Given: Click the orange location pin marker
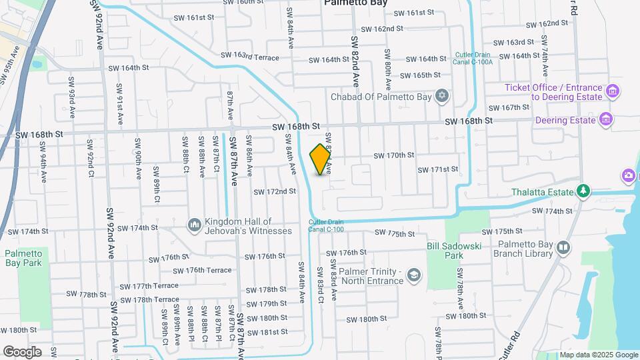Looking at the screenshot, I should (321, 159).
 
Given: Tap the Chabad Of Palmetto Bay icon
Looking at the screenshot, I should (441, 97).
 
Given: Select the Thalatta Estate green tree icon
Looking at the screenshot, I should (583, 192).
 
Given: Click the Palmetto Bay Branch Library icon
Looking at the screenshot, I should (563, 248).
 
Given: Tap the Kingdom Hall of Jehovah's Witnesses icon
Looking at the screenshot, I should (195, 225).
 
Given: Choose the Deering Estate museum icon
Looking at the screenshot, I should (606, 120).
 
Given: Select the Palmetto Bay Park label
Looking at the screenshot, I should (23, 258).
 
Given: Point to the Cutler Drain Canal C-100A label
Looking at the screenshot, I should (474, 59).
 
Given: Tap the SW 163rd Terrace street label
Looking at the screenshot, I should (249, 57).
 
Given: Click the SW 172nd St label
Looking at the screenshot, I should (274, 191).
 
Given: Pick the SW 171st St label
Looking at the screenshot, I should (438, 169).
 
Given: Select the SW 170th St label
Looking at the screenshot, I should (394, 155).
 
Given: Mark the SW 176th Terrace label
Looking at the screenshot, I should (202, 270).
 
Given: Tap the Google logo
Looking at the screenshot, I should (22, 351).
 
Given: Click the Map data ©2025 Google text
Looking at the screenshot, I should (599, 355).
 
